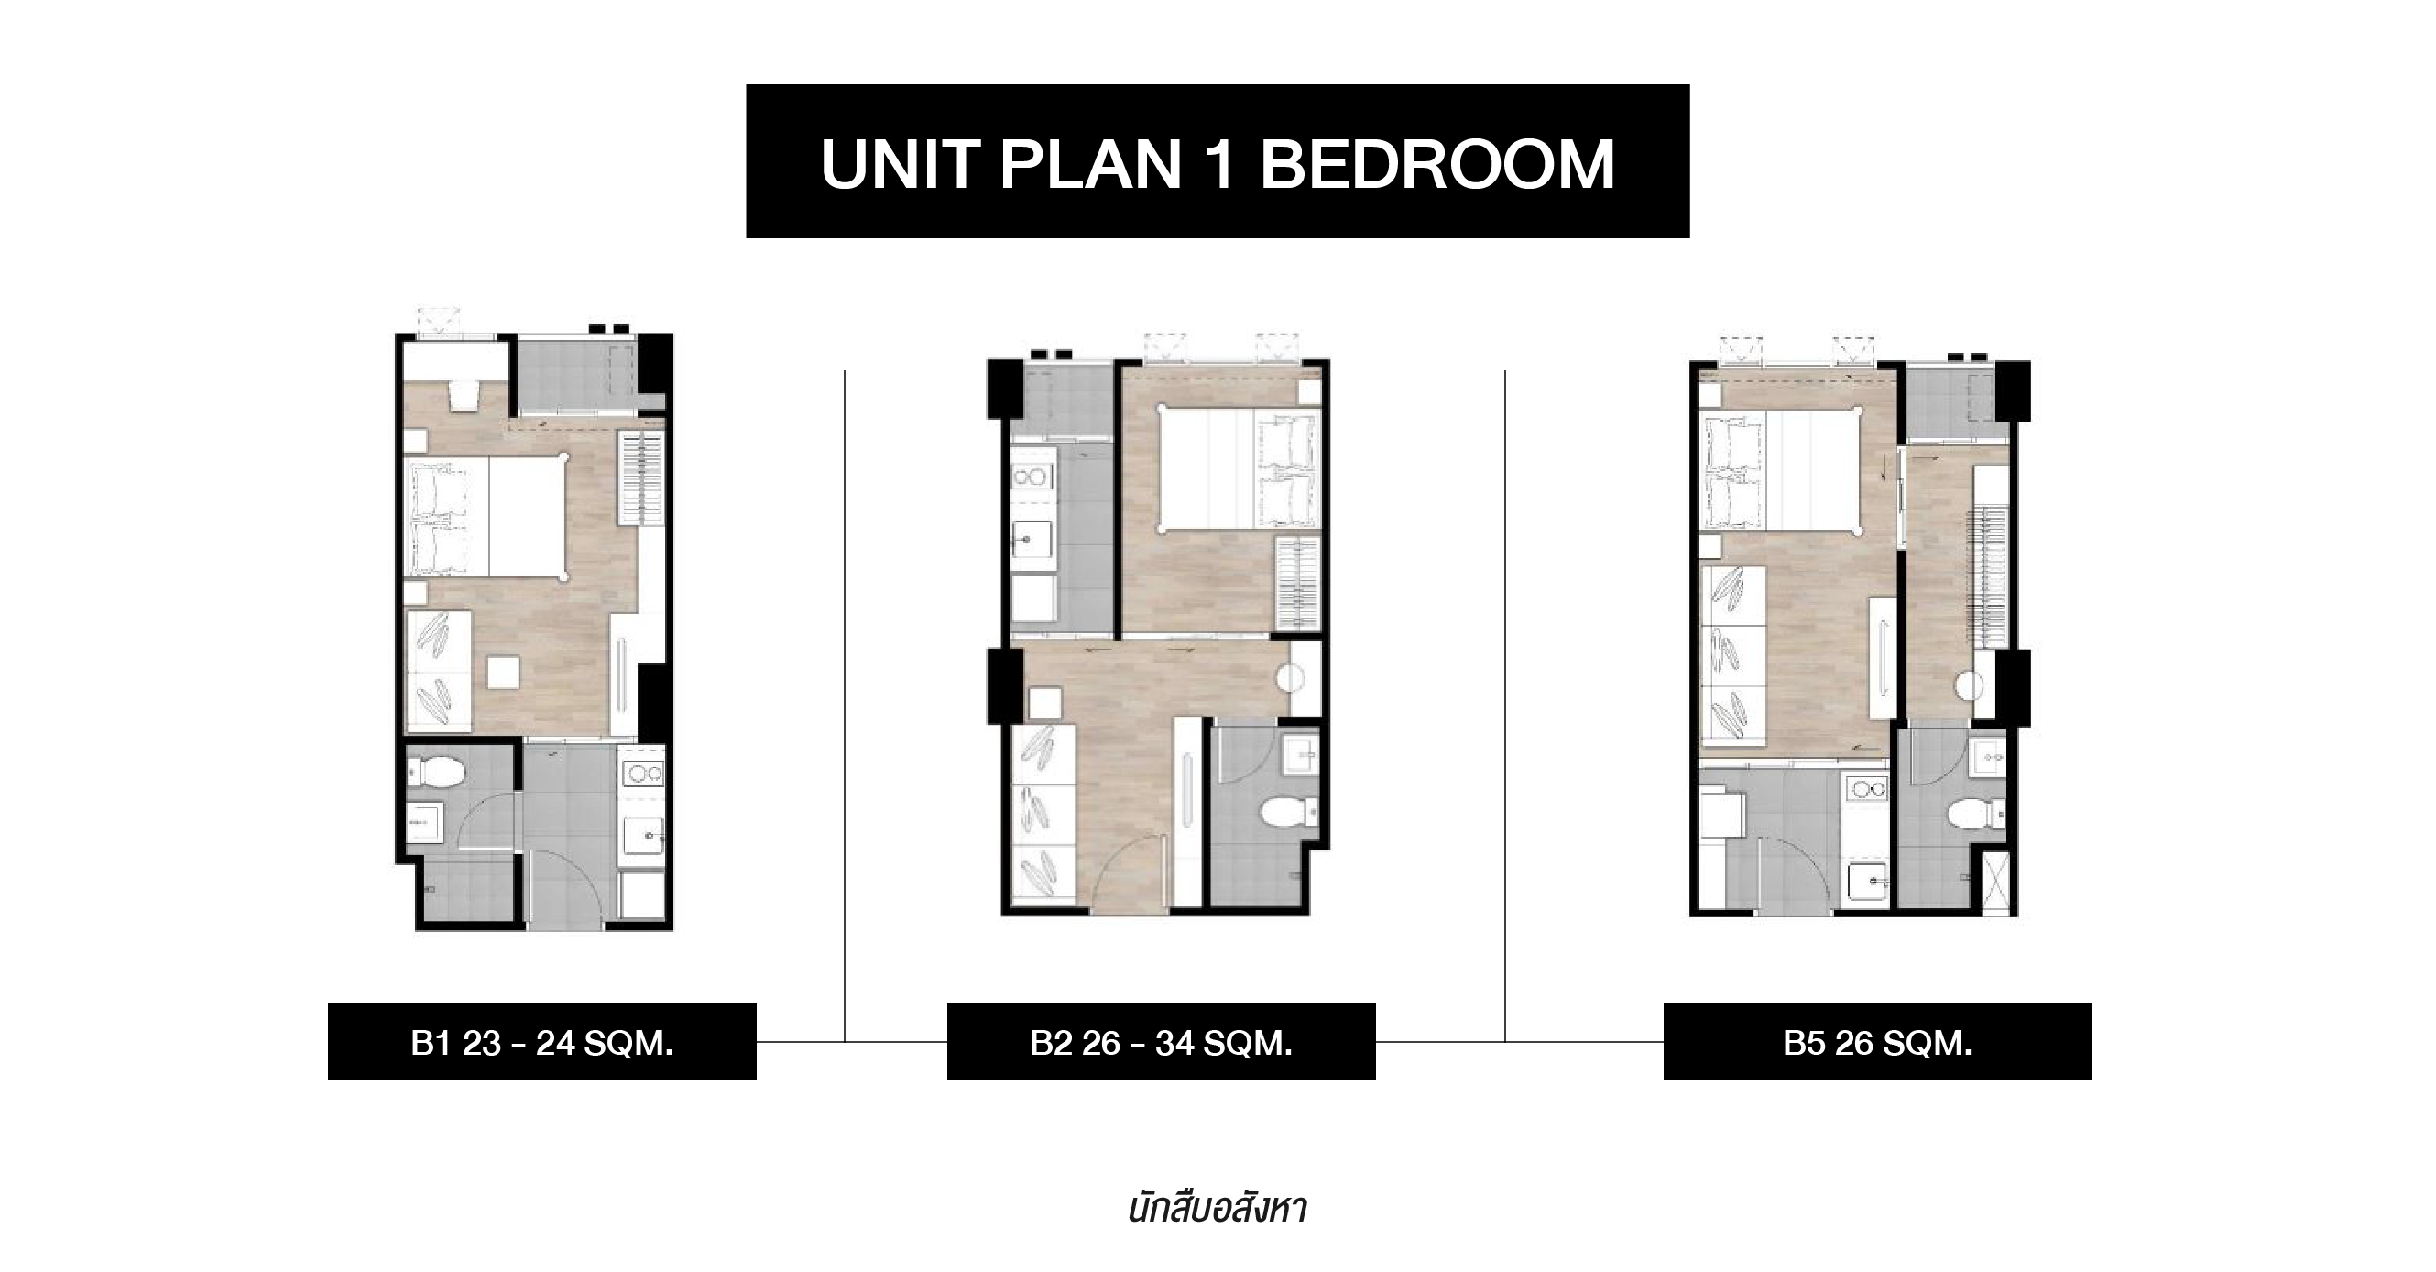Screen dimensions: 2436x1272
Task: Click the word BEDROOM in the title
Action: click(x=1436, y=165)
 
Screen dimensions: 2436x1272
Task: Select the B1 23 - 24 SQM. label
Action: click(x=541, y=1042)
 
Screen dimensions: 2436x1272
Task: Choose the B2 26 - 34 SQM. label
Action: click(x=1162, y=1042)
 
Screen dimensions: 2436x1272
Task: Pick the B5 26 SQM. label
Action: click(x=1877, y=1042)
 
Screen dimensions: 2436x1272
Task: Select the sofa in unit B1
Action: click(x=439, y=671)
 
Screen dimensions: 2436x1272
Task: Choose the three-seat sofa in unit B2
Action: click(x=1044, y=815)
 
